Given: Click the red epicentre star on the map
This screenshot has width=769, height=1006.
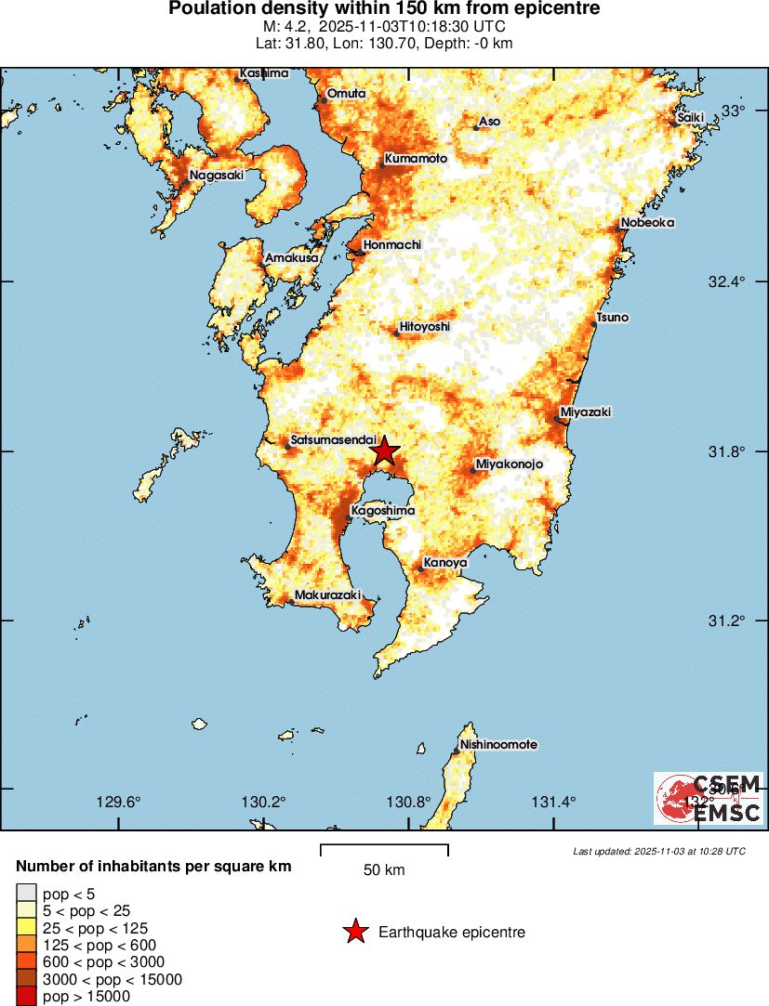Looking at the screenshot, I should tap(384, 451).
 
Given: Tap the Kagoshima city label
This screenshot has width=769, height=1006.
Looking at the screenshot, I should tap(382, 511).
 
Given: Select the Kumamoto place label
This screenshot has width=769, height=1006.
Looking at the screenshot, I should tap(416, 159).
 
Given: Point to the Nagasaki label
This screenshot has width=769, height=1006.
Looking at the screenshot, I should tap(217, 175).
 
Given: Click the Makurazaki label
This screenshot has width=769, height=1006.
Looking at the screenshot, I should tap(327, 594).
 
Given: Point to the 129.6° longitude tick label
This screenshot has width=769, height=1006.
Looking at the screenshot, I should tap(119, 803).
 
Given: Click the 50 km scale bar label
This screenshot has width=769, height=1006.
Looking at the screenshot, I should tap(384, 870).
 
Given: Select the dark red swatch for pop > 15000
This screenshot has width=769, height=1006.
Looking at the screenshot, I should tap(25, 997).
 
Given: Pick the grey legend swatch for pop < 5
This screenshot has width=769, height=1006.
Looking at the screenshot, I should tap(25, 895).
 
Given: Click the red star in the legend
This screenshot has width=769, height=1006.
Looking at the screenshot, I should tap(355, 932).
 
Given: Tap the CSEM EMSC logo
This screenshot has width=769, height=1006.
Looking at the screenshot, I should tap(709, 798).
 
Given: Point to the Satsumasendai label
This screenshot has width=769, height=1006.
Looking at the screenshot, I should tap(333, 440).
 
